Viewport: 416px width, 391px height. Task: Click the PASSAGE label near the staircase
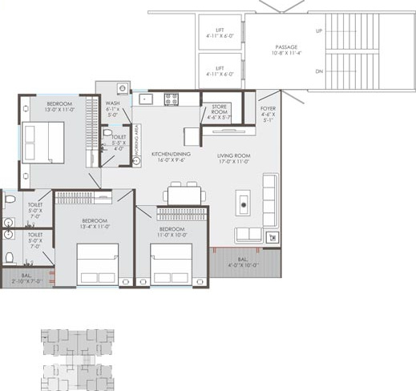[x=285, y=47]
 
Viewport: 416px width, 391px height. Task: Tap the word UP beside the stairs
[x=319, y=30]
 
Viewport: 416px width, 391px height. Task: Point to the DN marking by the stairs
[x=319, y=71]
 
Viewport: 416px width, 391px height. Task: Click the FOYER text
[x=269, y=108]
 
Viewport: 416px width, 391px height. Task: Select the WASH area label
[x=112, y=103]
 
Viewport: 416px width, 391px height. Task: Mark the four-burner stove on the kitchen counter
[x=171, y=99]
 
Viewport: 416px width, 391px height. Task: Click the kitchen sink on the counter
[x=145, y=99]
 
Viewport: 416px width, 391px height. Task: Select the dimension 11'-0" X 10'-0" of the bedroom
[x=172, y=235]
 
